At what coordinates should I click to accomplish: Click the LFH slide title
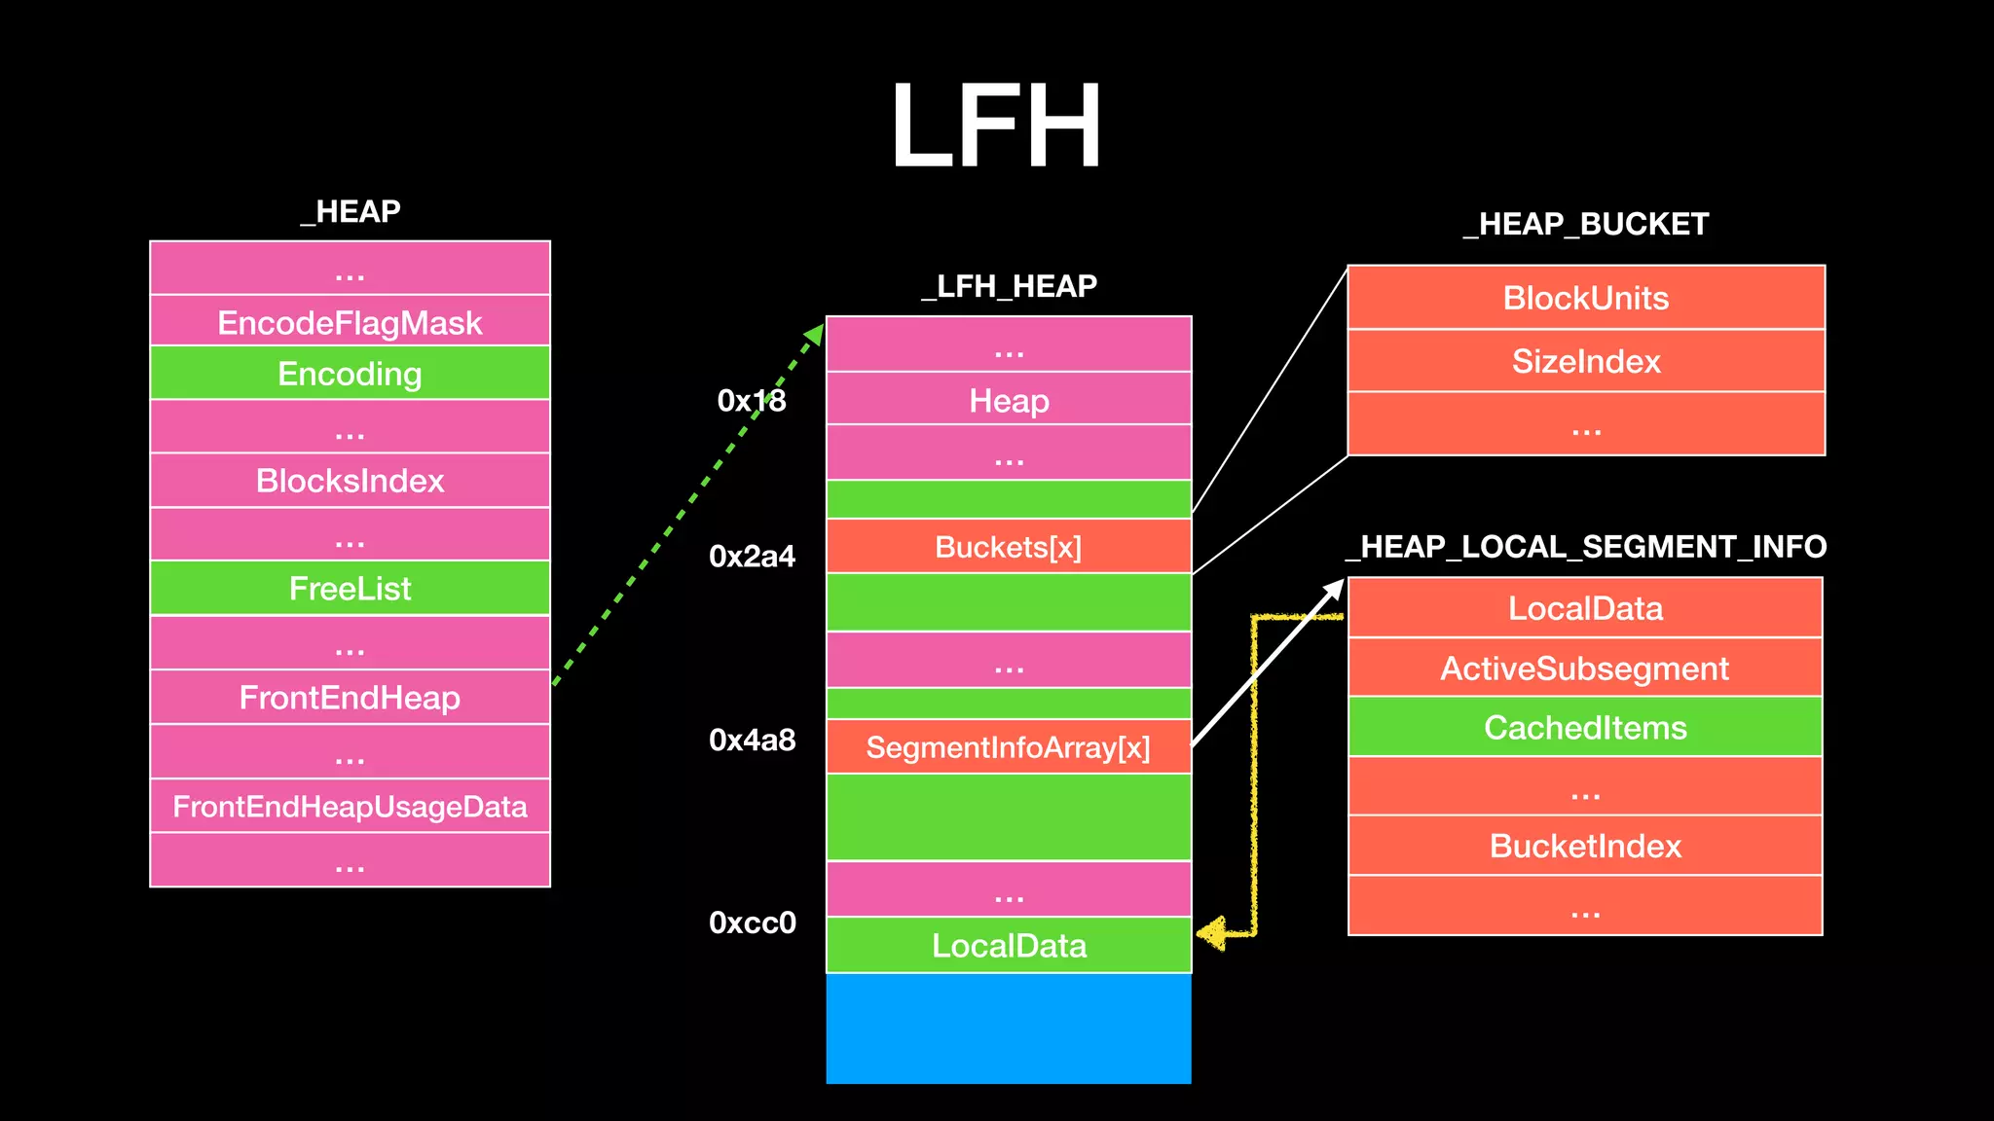995,127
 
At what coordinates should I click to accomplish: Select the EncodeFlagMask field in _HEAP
350,322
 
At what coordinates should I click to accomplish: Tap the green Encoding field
350,374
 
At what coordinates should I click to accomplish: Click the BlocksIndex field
350,481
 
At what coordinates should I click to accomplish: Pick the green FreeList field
350,589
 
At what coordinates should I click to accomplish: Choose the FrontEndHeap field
350,698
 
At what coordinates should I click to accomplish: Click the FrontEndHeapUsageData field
350,807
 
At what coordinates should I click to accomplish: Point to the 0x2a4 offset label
752,557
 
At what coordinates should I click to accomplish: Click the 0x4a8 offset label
752,741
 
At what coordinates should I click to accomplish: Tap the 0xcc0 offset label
752,922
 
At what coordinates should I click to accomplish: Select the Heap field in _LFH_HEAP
1009,400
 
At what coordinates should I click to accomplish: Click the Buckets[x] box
1009,547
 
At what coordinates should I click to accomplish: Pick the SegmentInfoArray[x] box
1009,747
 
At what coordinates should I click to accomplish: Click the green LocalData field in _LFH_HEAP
1009,946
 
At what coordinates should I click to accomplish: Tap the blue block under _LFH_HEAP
1009,1029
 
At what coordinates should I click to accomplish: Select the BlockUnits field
1585,298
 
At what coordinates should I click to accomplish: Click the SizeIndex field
1585,361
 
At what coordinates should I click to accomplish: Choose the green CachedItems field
1585,728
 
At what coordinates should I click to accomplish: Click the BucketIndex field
1585,846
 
